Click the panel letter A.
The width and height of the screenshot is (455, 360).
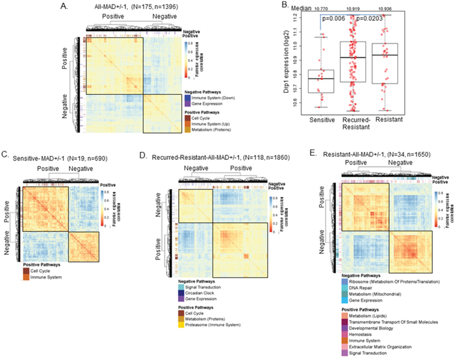coord(64,6)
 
